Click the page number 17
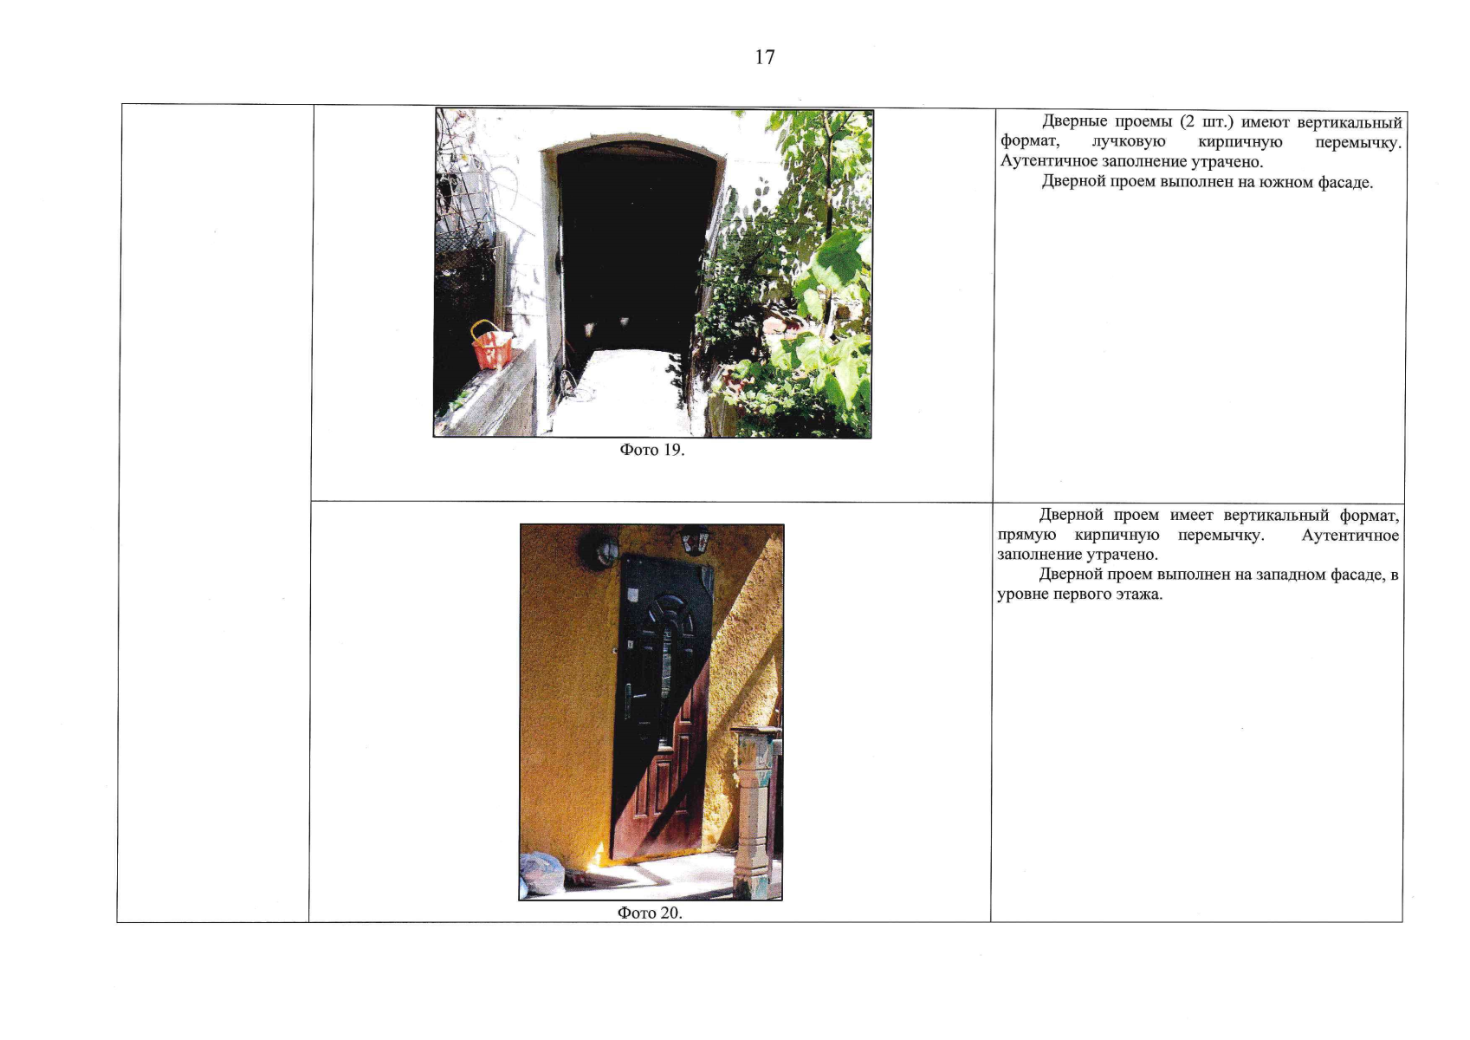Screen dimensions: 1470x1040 (765, 58)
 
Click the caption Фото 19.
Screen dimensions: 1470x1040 (651, 450)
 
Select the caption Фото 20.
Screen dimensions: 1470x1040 (650, 913)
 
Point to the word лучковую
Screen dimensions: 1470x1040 (1129, 142)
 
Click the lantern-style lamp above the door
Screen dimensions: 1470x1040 (696, 541)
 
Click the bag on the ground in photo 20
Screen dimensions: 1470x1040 (542, 873)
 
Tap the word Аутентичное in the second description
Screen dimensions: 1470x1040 (1350, 536)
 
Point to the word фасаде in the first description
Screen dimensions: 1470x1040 (1344, 182)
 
